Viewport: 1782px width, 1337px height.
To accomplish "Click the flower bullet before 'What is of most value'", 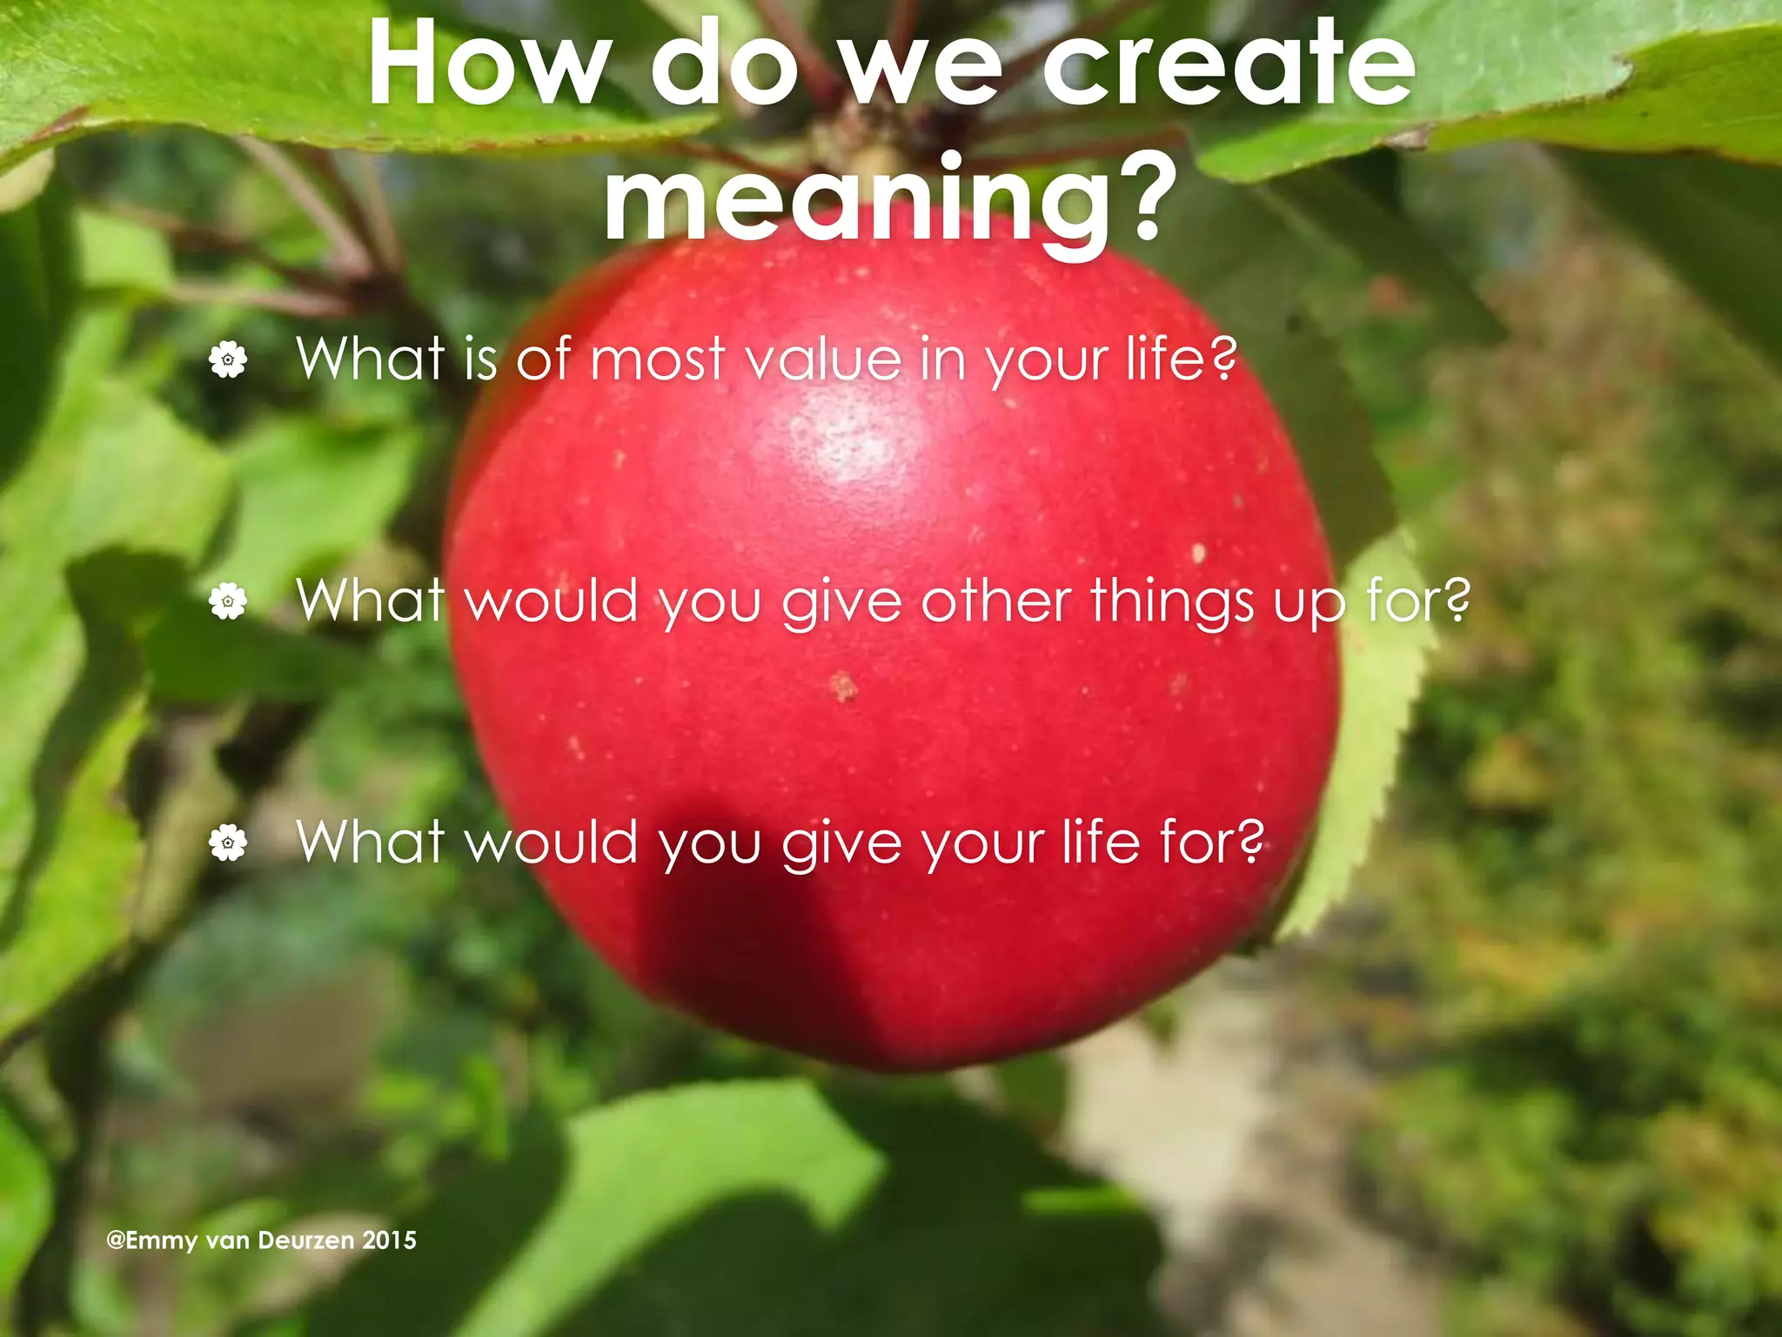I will (228, 359).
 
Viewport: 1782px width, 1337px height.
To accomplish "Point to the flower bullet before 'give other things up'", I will (228, 601).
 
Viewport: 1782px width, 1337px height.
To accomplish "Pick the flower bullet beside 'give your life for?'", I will (228, 842).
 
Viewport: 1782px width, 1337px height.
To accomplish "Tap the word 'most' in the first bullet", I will (658, 360).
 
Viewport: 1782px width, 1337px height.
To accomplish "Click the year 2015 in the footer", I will (389, 1240).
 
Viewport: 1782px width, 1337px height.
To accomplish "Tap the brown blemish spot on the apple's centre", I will (843, 687).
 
